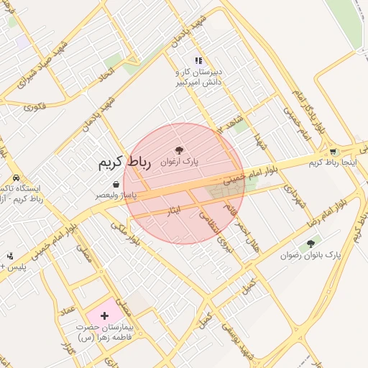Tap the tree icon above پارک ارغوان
(x=179, y=150)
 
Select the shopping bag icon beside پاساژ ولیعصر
(x=116, y=185)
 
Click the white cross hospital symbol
(x=105, y=316)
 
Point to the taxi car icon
(x=16, y=178)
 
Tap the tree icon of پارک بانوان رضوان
(x=310, y=244)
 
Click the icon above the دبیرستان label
(x=198, y=61)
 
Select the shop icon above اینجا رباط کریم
(x=333, y=152)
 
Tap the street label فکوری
(x=34, y=106)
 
